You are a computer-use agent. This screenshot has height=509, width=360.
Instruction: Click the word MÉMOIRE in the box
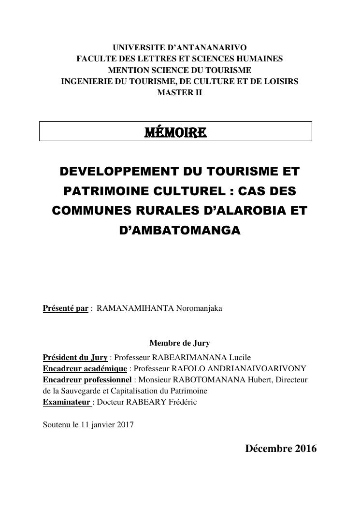click(175, 132)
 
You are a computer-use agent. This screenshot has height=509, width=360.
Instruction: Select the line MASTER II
click(179, 92)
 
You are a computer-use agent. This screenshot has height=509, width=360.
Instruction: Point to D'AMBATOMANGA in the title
click(179, 231)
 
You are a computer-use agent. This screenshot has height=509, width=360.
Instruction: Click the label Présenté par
click(66, 308)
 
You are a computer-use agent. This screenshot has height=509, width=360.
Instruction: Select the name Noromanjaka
click(199, 308)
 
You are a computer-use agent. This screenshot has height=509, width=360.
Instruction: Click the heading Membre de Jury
click(179, 343)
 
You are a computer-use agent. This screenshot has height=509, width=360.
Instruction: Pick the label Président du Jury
click(75, 358)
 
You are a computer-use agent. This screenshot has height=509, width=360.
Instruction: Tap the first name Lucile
click(239, 358)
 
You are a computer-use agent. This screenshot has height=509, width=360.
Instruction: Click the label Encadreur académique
click(85, 368)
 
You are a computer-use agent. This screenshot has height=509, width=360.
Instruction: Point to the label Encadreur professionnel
click(87, 379)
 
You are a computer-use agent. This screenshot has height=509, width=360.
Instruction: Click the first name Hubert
click(258, 379)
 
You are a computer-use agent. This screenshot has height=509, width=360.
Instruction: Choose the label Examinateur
click(66, 402)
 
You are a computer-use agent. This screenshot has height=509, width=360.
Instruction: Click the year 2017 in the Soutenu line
click(125, 425)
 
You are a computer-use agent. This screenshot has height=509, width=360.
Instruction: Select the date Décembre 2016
click(281, 449)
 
